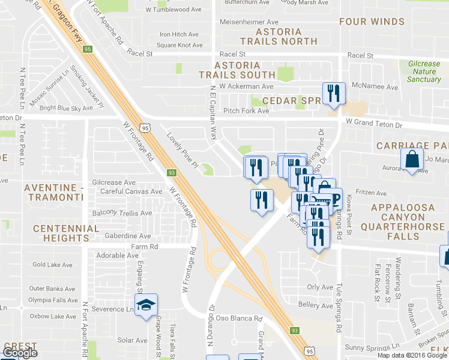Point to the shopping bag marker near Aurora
(x=411, y=160)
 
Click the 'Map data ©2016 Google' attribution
(x=412, y=355)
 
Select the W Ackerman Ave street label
(x=247, y=86)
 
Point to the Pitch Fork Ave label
(x=246, y=111)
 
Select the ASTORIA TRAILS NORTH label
(x=278, y=37)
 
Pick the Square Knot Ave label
(x=179, y=45)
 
